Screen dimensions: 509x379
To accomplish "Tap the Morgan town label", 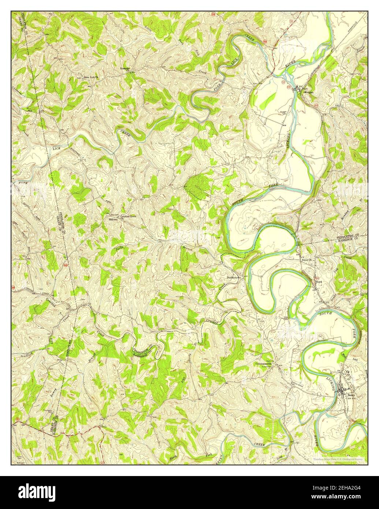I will click(x=308, y=92).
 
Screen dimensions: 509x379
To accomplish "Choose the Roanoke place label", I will click(x=126, y=68).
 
